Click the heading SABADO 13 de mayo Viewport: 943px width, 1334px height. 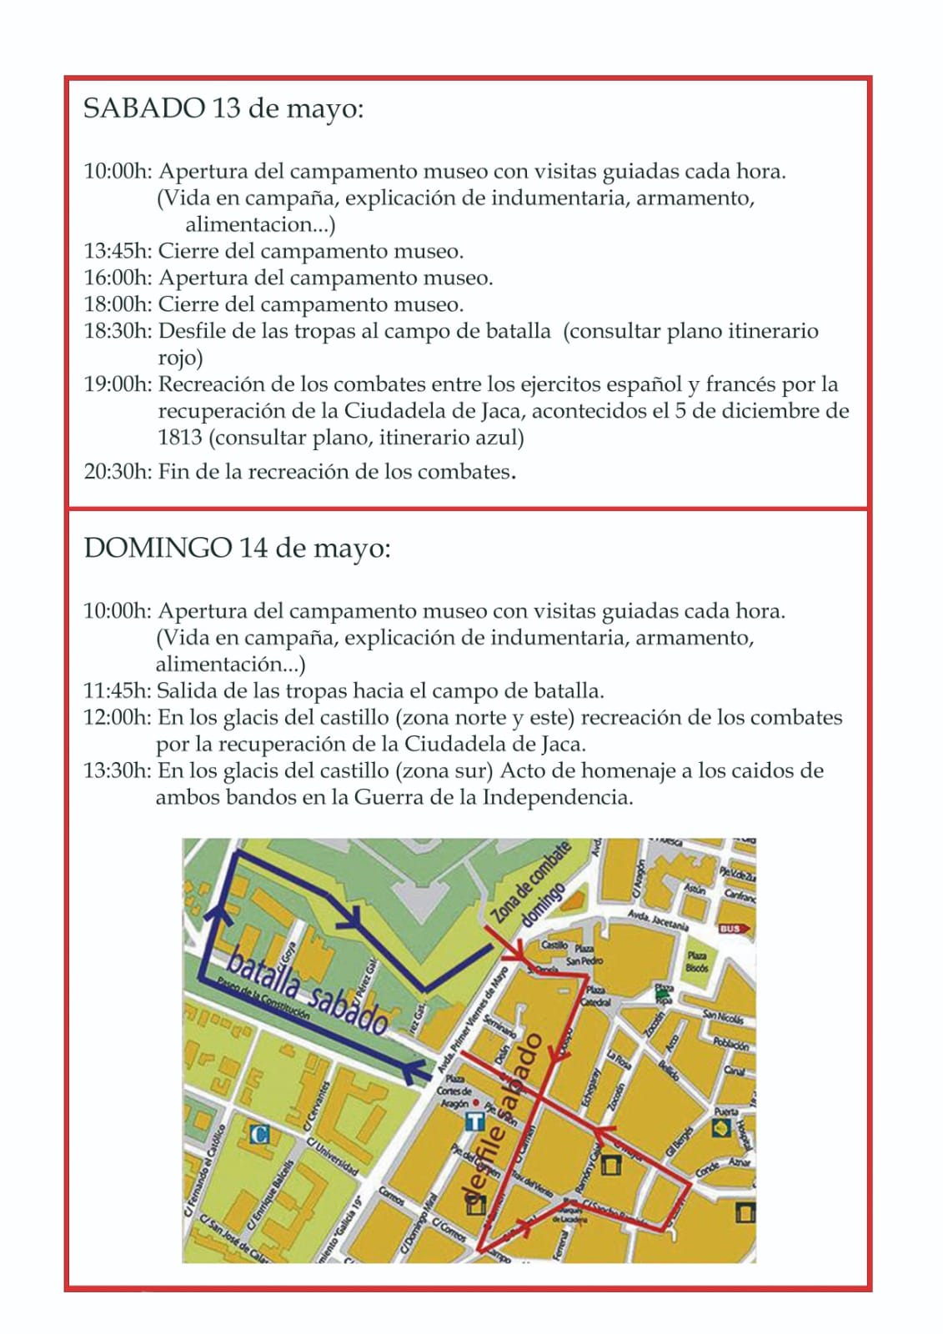[223, 109]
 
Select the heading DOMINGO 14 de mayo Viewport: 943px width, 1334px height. [237, 549]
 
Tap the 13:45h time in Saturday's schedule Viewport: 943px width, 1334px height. [117, 251]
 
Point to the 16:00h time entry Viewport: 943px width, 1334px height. [117, 278]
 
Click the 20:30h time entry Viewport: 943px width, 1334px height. [117, 472]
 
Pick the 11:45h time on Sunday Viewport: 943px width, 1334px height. [116, 691]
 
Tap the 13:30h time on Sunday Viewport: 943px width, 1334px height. [116, 771]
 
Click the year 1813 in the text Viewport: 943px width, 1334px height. [180, 438]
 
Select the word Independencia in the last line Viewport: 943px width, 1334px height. [557, 798]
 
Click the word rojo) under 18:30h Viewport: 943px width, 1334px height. [180, 358]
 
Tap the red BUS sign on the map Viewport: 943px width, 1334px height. [732, 928]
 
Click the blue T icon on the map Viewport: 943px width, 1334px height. [474, 1121]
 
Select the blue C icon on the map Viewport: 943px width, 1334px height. [260, 1134]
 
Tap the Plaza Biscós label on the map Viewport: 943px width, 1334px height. [697, 961]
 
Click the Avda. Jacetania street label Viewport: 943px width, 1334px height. [658, 920]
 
